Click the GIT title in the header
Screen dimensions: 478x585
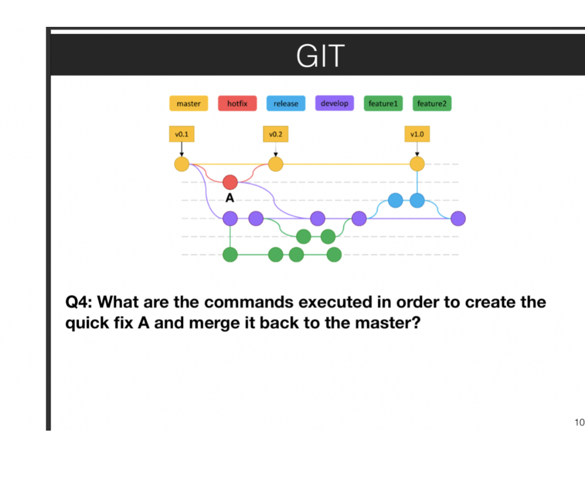coord(320,56)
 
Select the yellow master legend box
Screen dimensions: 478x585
coord(189,103)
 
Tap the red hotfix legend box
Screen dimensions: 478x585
coord(237,103)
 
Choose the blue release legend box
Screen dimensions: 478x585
coord(286,103)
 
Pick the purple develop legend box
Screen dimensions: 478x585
coord(334,103)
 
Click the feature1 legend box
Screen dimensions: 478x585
coord(383,103)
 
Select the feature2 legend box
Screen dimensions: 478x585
coord(431,103)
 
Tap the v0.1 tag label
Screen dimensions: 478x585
coord(182,135)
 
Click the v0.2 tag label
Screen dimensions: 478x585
coord(275,135)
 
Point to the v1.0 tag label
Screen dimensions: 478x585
coord(417,135)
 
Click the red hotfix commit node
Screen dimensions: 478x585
coord(230,182)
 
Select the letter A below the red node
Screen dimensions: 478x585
coord(230,198)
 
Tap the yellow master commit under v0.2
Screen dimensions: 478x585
coord(275,164)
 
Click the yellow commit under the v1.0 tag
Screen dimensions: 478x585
coord(417,164)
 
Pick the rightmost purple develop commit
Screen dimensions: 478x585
coord(458,218)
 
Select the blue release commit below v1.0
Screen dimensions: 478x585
coord(417,200)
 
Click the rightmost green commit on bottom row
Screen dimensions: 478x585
coord(334,255)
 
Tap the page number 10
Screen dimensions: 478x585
coord(579,423)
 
